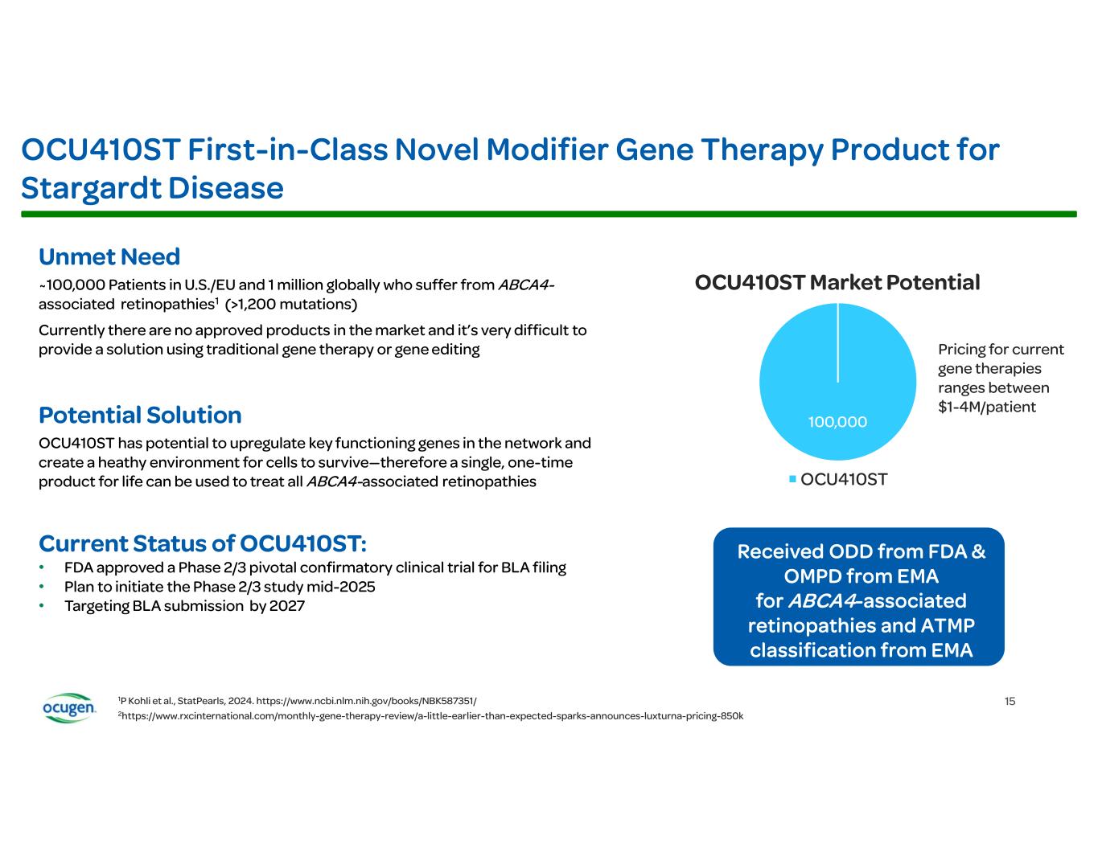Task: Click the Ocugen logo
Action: (x=68, y=707)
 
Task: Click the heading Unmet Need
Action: (x=109, y=257)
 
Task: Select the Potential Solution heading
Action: (x=140, y=415)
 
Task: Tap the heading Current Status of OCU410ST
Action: (x=203, y=543)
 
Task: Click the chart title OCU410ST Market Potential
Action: (x=837, y=283)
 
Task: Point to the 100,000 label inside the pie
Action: (x=837, y=421)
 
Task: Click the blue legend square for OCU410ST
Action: (x=792, y=480)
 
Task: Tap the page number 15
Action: (x=1010, y=701)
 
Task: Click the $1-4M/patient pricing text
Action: (x=987, y=407)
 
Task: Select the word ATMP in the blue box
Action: (x=943, y=625)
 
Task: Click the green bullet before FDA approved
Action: (x=43, y=568)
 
